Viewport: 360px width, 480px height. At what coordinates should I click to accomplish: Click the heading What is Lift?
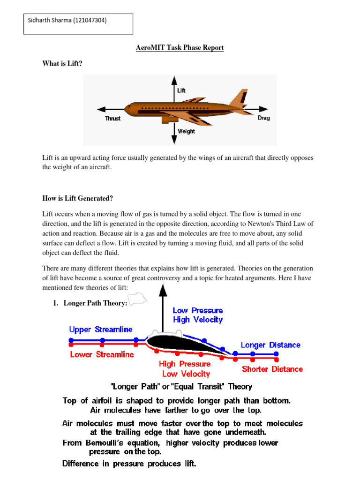62,64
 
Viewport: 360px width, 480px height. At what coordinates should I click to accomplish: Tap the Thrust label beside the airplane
112,119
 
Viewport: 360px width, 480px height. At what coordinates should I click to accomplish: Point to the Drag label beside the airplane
263,118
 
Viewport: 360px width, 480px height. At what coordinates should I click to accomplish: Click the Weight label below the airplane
186,131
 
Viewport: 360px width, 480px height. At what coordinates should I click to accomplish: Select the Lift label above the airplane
181,90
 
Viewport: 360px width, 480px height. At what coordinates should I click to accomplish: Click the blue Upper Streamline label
101,330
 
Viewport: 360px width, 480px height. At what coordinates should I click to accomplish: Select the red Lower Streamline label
102,354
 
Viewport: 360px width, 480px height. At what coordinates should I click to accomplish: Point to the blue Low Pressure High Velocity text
198,315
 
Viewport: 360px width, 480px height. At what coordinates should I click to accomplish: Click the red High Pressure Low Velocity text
186,369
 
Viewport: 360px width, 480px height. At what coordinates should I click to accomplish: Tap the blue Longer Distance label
270,345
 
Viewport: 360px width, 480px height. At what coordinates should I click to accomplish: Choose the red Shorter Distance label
272,369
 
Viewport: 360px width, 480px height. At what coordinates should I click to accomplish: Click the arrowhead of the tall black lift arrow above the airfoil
163,289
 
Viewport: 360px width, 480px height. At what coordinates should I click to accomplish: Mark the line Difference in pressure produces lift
129,465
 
